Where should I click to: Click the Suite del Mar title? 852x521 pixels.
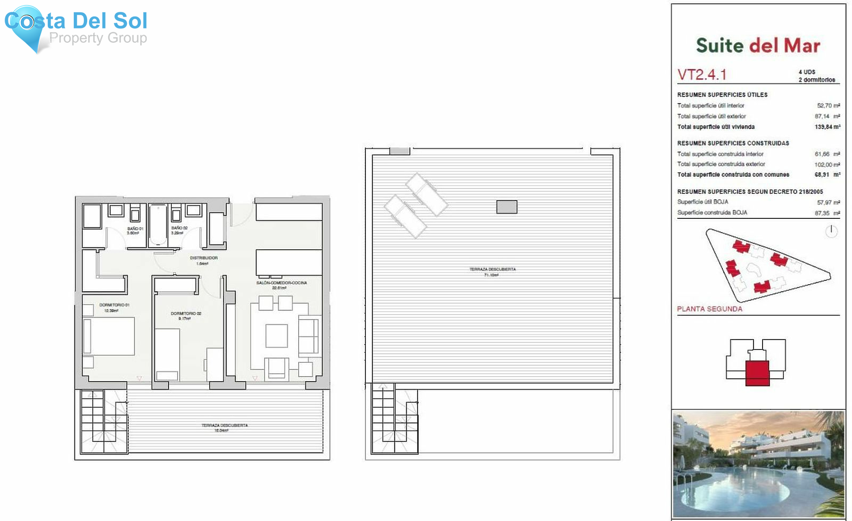tap(758, 45)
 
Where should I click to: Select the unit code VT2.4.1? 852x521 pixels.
tap(701, 75)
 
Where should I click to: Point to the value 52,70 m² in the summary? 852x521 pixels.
tap(828, 106)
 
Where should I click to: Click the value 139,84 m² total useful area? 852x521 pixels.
tap(827, 127)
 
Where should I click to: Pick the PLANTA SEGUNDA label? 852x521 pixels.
tap(709, 309)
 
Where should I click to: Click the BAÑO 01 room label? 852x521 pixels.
tap(135, 231)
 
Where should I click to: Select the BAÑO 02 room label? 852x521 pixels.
tap(179, 230)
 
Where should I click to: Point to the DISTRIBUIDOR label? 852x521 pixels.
tap(204, 260)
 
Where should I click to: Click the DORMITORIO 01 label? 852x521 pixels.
tap(114, 307)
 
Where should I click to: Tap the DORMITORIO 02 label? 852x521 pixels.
tap(186, 315)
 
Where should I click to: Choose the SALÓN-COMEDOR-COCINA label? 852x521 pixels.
tap(282, 285)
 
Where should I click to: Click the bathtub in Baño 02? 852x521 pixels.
tap(158, 225)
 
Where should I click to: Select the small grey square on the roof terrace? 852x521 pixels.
tap(506, 207)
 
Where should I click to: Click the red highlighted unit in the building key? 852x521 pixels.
tap(757, 373)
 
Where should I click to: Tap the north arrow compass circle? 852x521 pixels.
tap(831, 231)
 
